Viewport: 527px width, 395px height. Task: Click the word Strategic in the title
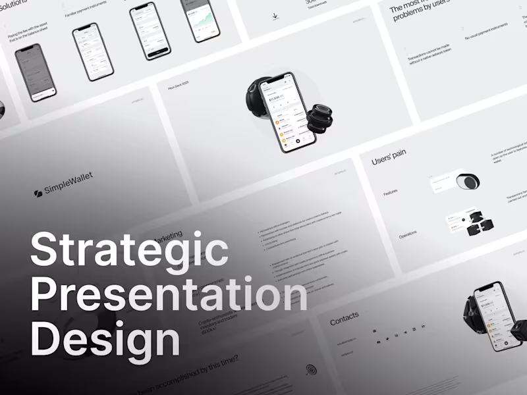click(129, 250)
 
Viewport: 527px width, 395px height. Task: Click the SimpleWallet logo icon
click(38, 193)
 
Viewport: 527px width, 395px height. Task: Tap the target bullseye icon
click(310, 371)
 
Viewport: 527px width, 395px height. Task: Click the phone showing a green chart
click(201, 20)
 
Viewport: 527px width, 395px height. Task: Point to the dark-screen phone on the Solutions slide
click(36, 72)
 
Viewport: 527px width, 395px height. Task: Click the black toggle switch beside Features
click(468, 181)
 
